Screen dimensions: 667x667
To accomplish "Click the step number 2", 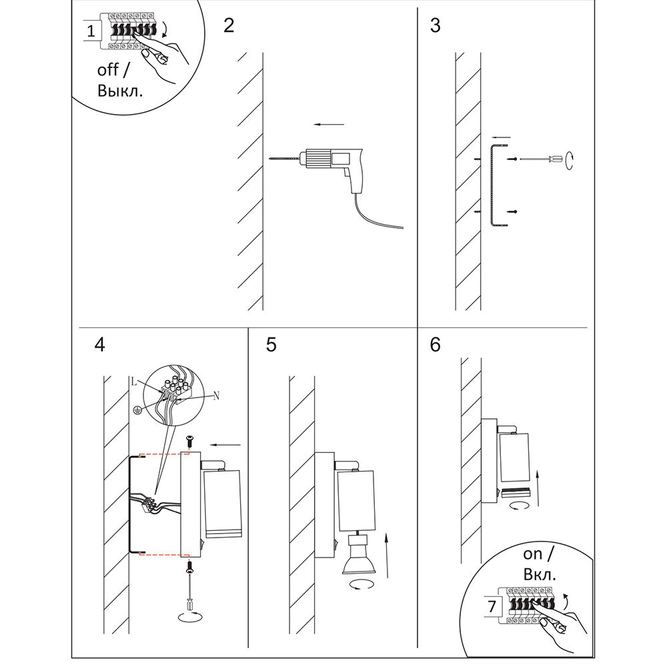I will [229, 26].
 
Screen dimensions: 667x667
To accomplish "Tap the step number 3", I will [436, 26].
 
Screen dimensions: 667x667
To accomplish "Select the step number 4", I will [99, 345].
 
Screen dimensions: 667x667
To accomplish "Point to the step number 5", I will [271, 345].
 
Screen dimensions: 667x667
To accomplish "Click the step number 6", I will [436, 345].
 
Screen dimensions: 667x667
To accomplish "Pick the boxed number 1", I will [91, 31].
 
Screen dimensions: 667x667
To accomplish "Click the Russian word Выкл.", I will [120, 91].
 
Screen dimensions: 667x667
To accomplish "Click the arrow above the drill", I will [329, 124].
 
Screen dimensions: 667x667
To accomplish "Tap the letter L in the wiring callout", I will [135, 382].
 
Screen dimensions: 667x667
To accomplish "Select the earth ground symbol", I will [137, 410].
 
